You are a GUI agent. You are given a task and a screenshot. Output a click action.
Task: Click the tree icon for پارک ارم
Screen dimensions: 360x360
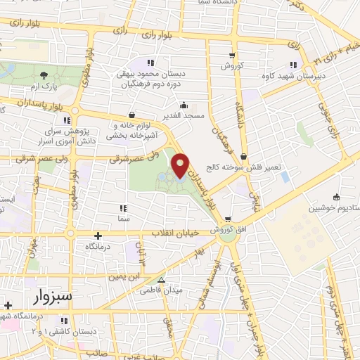44,75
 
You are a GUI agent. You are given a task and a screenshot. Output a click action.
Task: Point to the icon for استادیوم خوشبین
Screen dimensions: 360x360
336,197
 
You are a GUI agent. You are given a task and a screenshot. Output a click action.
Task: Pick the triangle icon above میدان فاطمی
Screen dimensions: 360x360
162,280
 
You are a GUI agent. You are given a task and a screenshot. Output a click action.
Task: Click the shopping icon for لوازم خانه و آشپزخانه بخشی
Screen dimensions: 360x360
132,115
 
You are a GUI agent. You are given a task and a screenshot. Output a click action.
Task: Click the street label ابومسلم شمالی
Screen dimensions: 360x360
212,274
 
